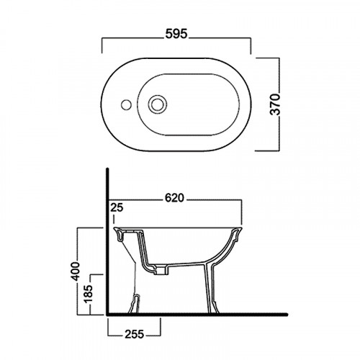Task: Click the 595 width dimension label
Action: tap(176, 34)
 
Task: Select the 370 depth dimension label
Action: tap(275, 104)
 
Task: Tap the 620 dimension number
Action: tap(175, 199)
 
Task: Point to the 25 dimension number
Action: tap(117, 207)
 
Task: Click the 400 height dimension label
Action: tap(76, 271)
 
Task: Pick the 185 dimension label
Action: tap(89, 294)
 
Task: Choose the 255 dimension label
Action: tap(135, 334)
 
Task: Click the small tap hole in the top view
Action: tap(126, 104)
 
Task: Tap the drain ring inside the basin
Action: tap(158, 104)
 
